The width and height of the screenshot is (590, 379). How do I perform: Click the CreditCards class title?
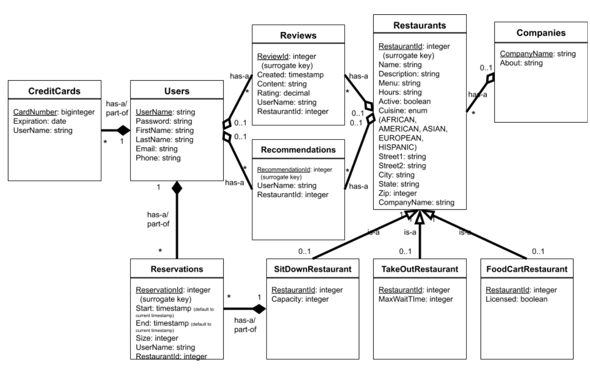coord(53,91)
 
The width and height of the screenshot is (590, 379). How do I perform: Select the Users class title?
coord(176,91)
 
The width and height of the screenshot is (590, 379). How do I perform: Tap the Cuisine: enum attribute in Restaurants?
coord(403,110)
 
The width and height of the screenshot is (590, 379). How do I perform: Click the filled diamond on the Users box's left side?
coord(122,130)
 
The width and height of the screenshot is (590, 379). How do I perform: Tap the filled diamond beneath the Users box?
coord(176,187)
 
